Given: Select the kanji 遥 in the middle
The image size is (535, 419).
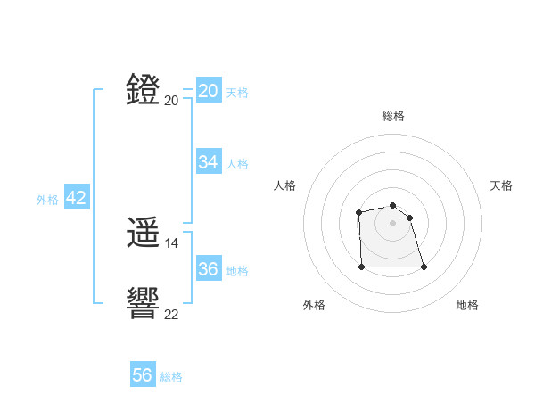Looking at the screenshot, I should pos(144,234).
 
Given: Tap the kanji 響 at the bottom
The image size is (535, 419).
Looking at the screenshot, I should pos(144,303).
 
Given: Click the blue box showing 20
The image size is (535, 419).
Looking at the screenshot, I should pos(208,91).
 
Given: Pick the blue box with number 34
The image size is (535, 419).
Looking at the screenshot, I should pos(208,162).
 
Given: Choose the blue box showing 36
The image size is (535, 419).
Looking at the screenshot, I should pos(208,269).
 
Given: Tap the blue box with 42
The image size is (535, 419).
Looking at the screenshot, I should pos(76,198).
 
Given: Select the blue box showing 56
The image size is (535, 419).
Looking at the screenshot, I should pos(142,375).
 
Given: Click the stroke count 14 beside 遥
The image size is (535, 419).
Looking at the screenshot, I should pos(172,242).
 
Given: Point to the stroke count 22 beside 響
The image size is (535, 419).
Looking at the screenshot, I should pos(172,314).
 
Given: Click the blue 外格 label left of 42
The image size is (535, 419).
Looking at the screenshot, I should pos(47,200).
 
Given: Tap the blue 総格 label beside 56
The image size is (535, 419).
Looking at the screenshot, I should pos(171,377).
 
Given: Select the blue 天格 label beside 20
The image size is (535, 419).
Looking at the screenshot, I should pos(237,93).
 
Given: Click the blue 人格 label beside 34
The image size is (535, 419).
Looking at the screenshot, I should pos(237,164).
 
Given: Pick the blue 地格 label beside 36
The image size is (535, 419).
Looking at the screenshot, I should pos(237,271).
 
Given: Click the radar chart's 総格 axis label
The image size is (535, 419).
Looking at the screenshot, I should pos(392,116).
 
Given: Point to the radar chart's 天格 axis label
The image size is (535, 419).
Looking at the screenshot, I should pos(501,185).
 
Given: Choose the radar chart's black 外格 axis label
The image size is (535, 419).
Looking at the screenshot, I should pos(314,305).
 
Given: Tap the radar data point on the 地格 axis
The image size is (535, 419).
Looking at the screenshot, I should pos(423,267).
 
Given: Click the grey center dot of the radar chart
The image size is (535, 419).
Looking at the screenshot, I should pos(392,222).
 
